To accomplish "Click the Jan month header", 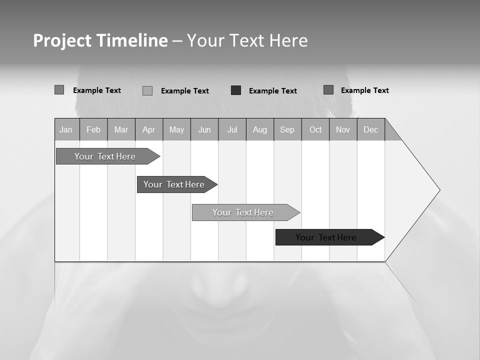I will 66,130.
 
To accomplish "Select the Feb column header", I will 93,130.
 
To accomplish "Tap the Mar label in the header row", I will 121,130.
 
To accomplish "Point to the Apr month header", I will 149,130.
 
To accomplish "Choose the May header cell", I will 176,130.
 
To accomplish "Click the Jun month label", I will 204,130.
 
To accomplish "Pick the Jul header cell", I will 232,130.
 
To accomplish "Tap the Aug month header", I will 260,130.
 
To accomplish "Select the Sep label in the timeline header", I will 287,130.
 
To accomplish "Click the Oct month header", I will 315,130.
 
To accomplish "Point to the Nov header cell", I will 343,130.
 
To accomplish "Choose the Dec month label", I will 371,130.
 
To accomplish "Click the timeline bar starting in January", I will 105,156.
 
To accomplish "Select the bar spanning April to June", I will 174,184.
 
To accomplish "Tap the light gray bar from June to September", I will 243,212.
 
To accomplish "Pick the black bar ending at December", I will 326,237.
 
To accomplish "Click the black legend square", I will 236,90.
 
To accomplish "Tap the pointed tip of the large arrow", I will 438,190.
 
